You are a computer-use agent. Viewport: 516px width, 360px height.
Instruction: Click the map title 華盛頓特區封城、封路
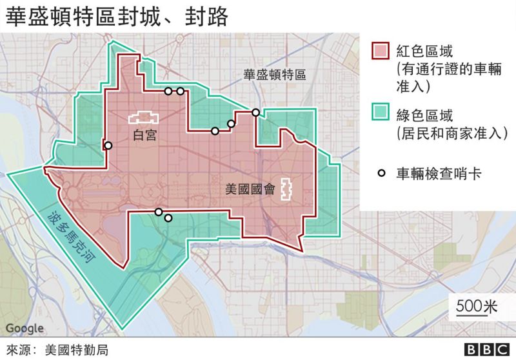pos(116,17)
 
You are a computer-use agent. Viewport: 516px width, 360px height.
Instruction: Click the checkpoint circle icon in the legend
pos(382,173)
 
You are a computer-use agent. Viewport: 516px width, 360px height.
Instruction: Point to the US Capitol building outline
pos(286,190)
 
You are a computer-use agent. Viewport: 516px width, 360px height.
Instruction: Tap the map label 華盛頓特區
pos(274,74)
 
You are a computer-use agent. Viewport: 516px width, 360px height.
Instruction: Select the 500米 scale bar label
pos(477,306)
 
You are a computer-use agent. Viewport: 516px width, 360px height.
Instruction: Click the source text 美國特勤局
pos(75,350)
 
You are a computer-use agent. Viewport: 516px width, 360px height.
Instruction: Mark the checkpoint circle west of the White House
pos(108,146)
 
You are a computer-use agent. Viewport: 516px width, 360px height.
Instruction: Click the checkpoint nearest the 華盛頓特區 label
pos(255,112)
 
